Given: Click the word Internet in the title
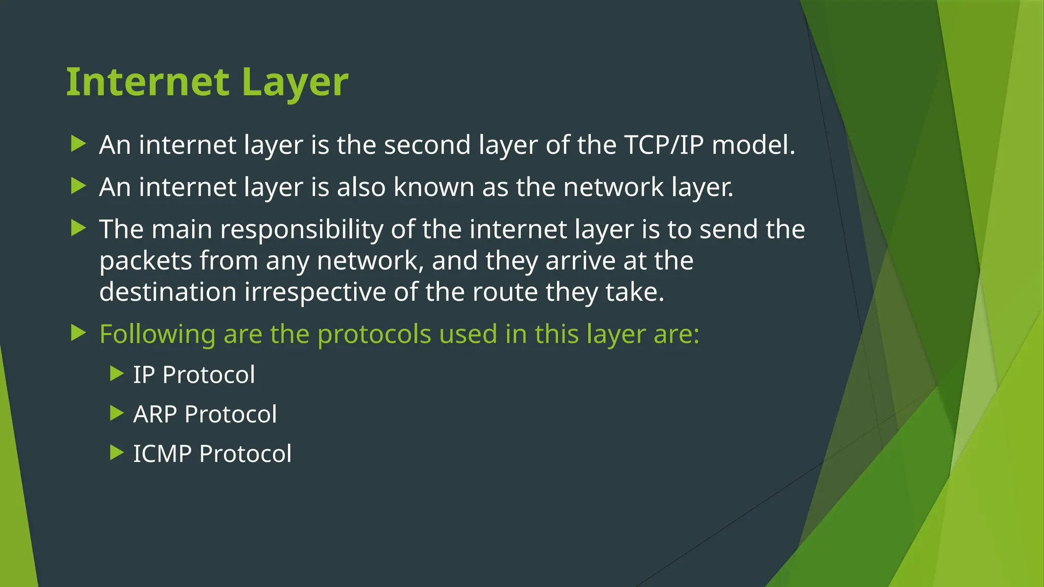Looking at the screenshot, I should [148, 82].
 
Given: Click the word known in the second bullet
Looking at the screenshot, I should [433, 187].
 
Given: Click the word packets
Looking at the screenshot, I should [145, 261].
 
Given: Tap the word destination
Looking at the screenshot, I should [168, 292].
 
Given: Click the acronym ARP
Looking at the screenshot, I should [155, 414].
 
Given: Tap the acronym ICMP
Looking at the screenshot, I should [162, 454].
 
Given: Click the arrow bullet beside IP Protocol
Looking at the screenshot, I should [117, 374].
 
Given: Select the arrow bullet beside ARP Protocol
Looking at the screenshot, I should [117, 413].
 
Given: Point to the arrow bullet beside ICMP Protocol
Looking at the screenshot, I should [117, 452].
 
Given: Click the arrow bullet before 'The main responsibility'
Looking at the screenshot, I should [78, 228].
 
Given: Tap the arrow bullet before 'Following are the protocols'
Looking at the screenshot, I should [78, 333].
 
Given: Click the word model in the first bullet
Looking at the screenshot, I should [753, 145].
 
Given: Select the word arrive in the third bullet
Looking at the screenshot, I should [581, 261].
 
